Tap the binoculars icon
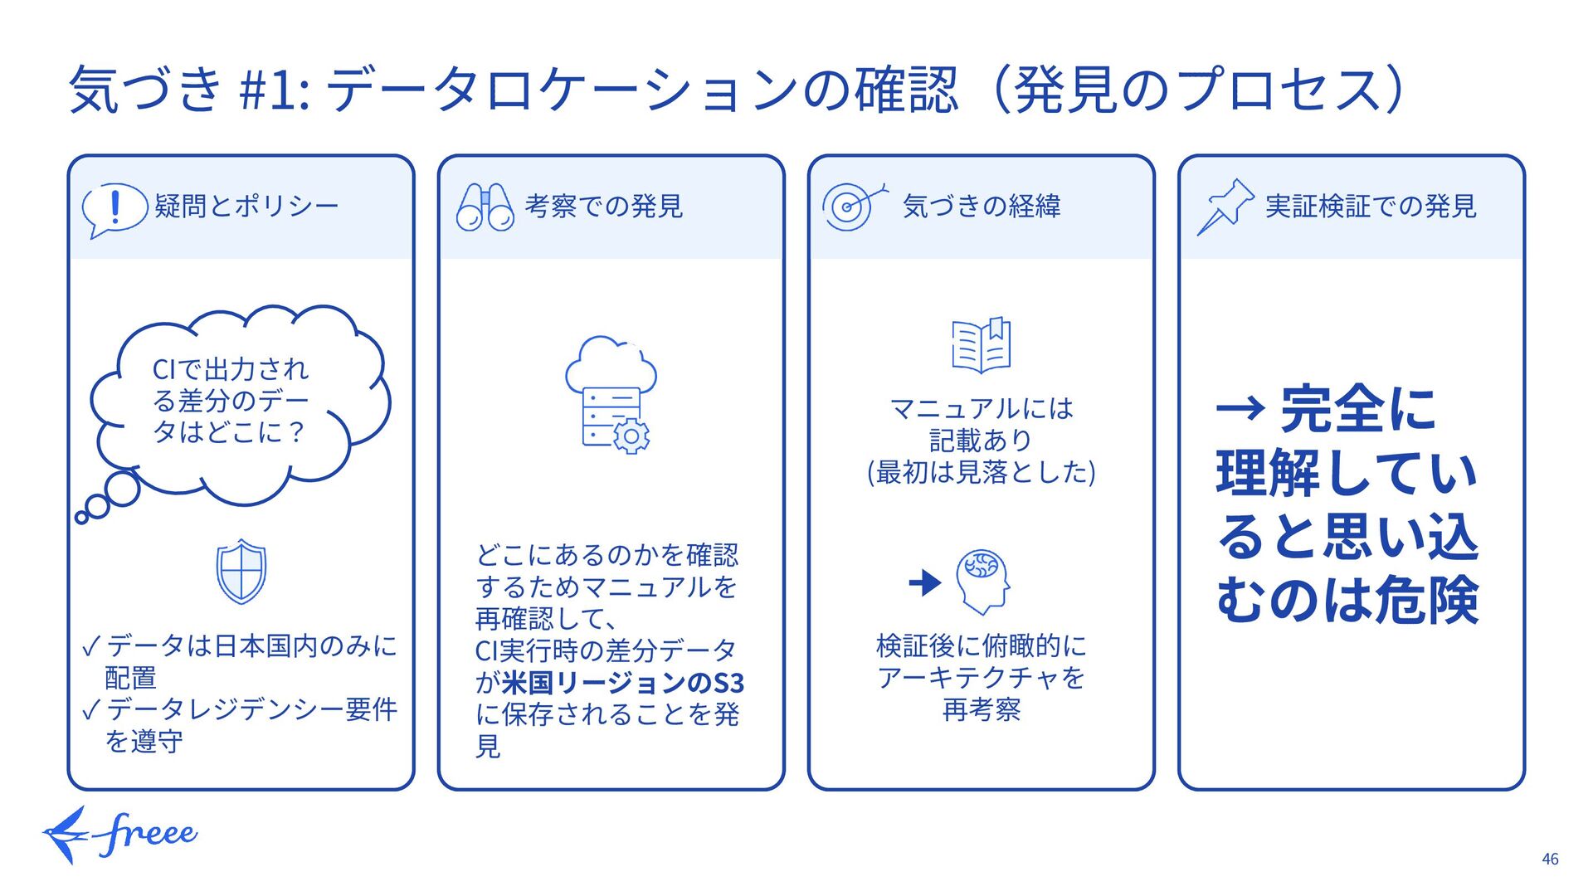(485, 207)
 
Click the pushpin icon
(1224, 207)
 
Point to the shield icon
(241, 571)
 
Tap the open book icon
(981, 344)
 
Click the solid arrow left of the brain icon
(925, 582)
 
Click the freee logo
(121, 834)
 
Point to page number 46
(1549, 859)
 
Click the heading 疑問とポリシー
(246, 206)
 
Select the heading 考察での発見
(603, 206)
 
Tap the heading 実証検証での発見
(1370, 206)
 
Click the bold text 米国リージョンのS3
(622, 683)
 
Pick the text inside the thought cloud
(230, 401)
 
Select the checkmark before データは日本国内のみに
(91, 646)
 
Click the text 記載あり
(980, 440)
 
